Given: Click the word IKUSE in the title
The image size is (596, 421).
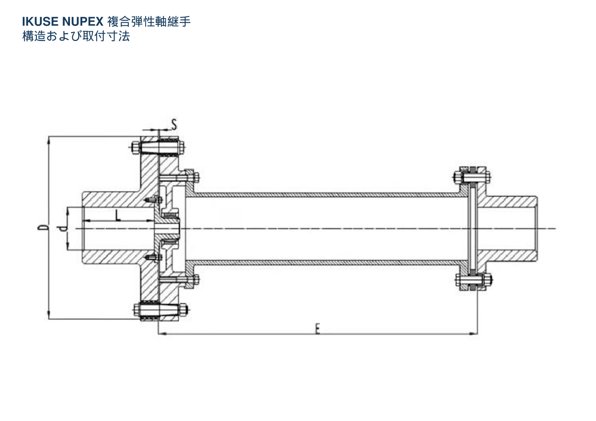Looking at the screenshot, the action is pyautogui.click(x=40, y=22).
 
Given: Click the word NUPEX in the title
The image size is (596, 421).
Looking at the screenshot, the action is pyautogui.click(x=83, y=22).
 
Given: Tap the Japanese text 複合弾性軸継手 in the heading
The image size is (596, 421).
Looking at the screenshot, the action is pyautogui.click(x=149, y=22).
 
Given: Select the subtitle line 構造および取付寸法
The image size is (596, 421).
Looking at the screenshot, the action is pyautogui.click(x=76, y=36).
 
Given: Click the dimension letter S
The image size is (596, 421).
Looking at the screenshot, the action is pyautogui.click(x=174, y=124).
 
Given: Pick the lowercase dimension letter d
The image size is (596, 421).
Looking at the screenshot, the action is pyautogui.click(x=63, y=228).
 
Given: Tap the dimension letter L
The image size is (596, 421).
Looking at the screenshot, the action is pyautogui.click(x=117, y=216).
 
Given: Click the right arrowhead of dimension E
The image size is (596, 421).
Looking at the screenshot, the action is pyautogui.click(x=473, y=333).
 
